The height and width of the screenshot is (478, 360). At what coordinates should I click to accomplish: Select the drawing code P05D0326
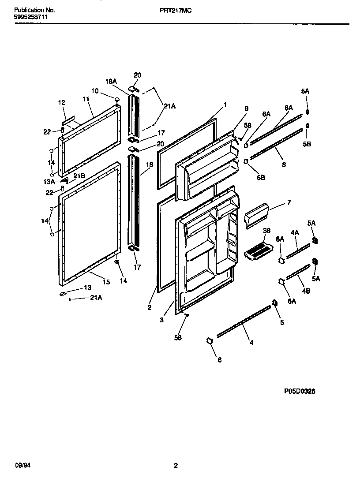tap(300, 391)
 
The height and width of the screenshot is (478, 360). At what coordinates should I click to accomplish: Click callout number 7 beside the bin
tap(289, 202)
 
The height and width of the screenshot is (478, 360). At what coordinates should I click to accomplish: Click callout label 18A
tap(111, 81)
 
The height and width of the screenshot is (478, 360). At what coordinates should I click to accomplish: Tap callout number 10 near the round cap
tap(95, 90)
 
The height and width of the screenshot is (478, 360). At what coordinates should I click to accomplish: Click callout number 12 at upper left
tap(61, 102)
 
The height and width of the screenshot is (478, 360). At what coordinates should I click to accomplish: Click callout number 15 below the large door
tap(106, 282)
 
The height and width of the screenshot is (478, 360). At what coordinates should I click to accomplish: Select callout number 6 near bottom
tap(219, 359)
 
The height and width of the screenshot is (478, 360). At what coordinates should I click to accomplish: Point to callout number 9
tap(247, 108)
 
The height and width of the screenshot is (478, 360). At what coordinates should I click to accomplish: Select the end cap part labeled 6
tap(210, 340)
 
